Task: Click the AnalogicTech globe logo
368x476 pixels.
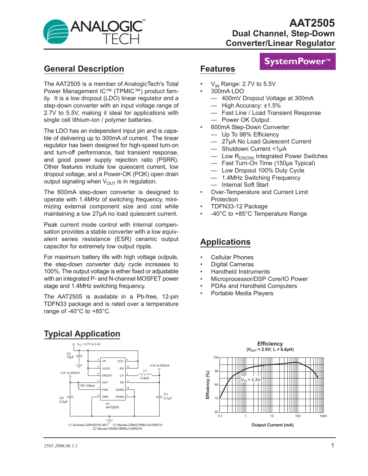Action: pos(56,32)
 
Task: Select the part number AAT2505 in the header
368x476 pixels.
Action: pos(312,23)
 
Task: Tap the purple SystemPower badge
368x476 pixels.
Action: pos(297,61)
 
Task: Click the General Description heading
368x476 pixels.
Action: pos(84,69)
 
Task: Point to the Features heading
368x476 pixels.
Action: pos(217,69)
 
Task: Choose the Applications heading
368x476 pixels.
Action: pos(225,242)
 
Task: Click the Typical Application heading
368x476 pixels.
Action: pos(82,334)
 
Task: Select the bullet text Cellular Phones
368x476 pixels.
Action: pos(232,257)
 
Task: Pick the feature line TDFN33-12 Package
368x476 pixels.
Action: pos(239,206)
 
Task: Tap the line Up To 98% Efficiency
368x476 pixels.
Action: pos(250,134)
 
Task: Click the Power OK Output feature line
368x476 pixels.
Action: pos(245,120)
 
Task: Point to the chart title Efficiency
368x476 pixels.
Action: pos(270,344)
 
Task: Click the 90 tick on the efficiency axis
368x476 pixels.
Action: pos(216,371)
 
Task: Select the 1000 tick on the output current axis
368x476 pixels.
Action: pos(323,416)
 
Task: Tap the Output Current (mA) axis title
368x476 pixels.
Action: pos(272,425)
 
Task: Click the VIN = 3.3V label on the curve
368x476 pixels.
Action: pos(251,380)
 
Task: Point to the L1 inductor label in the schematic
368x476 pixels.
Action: pos(145,371)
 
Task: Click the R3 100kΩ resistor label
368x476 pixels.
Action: pos(88,386)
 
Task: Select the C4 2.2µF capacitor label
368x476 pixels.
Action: pos(63,400)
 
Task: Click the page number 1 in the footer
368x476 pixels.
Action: pos(332,445)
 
